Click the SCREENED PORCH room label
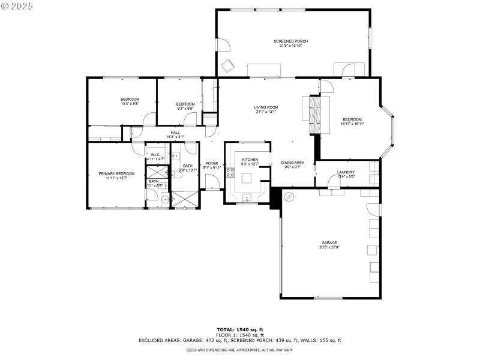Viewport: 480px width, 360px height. [x=290, y=41]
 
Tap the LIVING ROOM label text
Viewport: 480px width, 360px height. [x=266, y=107]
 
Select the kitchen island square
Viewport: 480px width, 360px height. [x=247, y=178]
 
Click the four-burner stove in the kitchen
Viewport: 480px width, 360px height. [x=230, y=174]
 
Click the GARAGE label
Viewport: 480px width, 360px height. [x=329, y=243]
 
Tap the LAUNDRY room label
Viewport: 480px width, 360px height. [x=346, y=172]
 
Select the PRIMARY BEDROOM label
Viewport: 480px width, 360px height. [x=116, y=173]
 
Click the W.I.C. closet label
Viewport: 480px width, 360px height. [x=155, y=155]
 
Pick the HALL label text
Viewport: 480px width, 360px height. [x=175, y=133]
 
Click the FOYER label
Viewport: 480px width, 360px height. [x=212, y=163]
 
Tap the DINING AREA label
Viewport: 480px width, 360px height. [x=293, y=163]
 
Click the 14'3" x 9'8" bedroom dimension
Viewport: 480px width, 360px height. [x=130, y=104]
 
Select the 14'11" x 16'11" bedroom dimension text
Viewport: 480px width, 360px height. [x=352, y=124]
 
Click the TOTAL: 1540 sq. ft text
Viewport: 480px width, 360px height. [x=240, y=329]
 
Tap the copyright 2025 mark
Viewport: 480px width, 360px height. [x=17, y=5]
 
